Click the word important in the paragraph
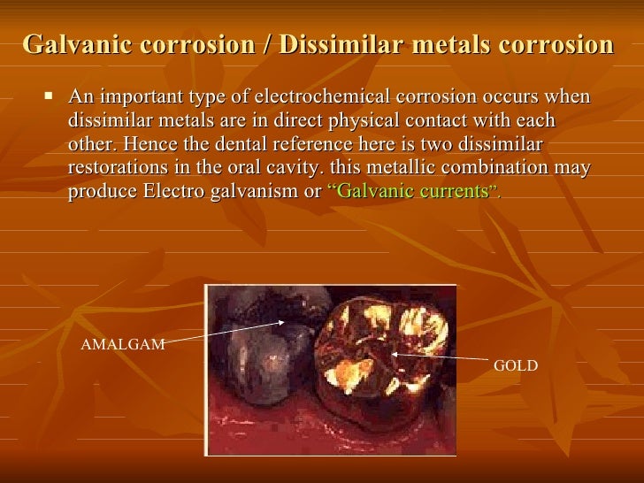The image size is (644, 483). (140, 97)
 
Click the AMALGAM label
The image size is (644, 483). (123, 345)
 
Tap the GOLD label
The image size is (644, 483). (515, 364)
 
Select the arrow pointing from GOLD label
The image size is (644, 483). (438, 356)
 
